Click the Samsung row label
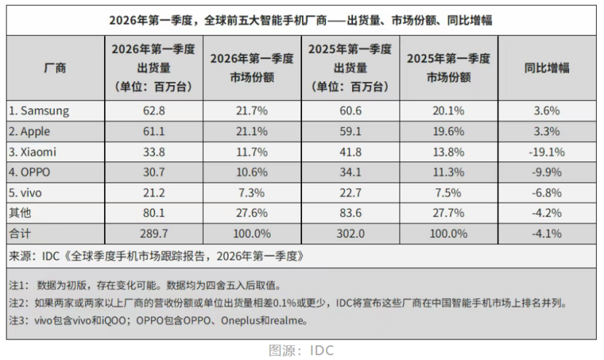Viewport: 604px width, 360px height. [39, 111]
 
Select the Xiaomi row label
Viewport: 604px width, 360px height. [32, 152]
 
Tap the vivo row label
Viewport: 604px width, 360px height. [25, 193]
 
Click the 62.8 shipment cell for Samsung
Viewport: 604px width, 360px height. [154, 111]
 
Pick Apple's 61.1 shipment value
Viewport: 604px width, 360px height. [154, 132]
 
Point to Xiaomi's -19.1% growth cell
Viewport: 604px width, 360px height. [547, 152]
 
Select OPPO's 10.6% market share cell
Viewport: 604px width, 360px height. [252, 172]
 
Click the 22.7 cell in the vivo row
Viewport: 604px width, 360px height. [351, 193]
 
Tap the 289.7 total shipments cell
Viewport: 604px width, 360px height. [154, 233]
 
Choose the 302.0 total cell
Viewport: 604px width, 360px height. [351, 233]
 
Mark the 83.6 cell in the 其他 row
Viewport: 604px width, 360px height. [351, 213]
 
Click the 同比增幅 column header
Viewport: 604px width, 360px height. [547, 68]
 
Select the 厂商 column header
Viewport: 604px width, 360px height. [55, 68]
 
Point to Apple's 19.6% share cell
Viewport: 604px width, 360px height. [448, 132]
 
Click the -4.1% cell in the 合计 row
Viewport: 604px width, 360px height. [547, 233]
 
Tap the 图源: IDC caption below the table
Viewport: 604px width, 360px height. [301, 351]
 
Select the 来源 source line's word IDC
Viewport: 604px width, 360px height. [51, 256]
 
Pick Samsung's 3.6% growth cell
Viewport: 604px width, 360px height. [547, 111]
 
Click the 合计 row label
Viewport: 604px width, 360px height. [20, 233]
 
